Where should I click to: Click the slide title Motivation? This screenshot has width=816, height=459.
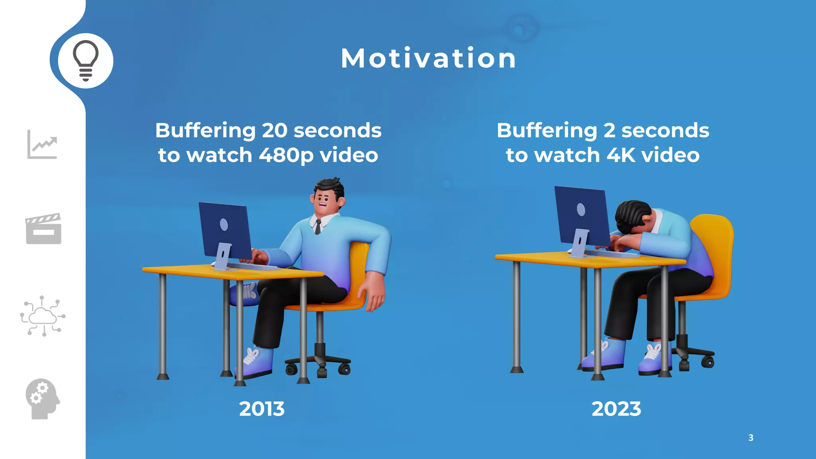click(x=428, y=59)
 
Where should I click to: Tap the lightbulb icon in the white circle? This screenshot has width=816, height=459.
click(x=85, y=60)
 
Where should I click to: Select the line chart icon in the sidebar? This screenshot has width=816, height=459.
click(x=42, y=144)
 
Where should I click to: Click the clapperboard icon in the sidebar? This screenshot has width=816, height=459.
click(x=43, y=229)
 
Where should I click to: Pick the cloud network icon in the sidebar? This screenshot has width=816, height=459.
click(x=43, y=316)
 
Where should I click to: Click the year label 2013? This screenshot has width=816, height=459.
click(x=262, y=409)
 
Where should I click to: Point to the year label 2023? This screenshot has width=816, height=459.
click(x=616, y=409)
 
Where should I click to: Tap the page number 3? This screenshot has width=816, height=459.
click(x=751, y=437)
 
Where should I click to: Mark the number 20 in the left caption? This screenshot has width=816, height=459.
click(x=274, y=131)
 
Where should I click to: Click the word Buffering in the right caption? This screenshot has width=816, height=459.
click(x=547, y=131)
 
